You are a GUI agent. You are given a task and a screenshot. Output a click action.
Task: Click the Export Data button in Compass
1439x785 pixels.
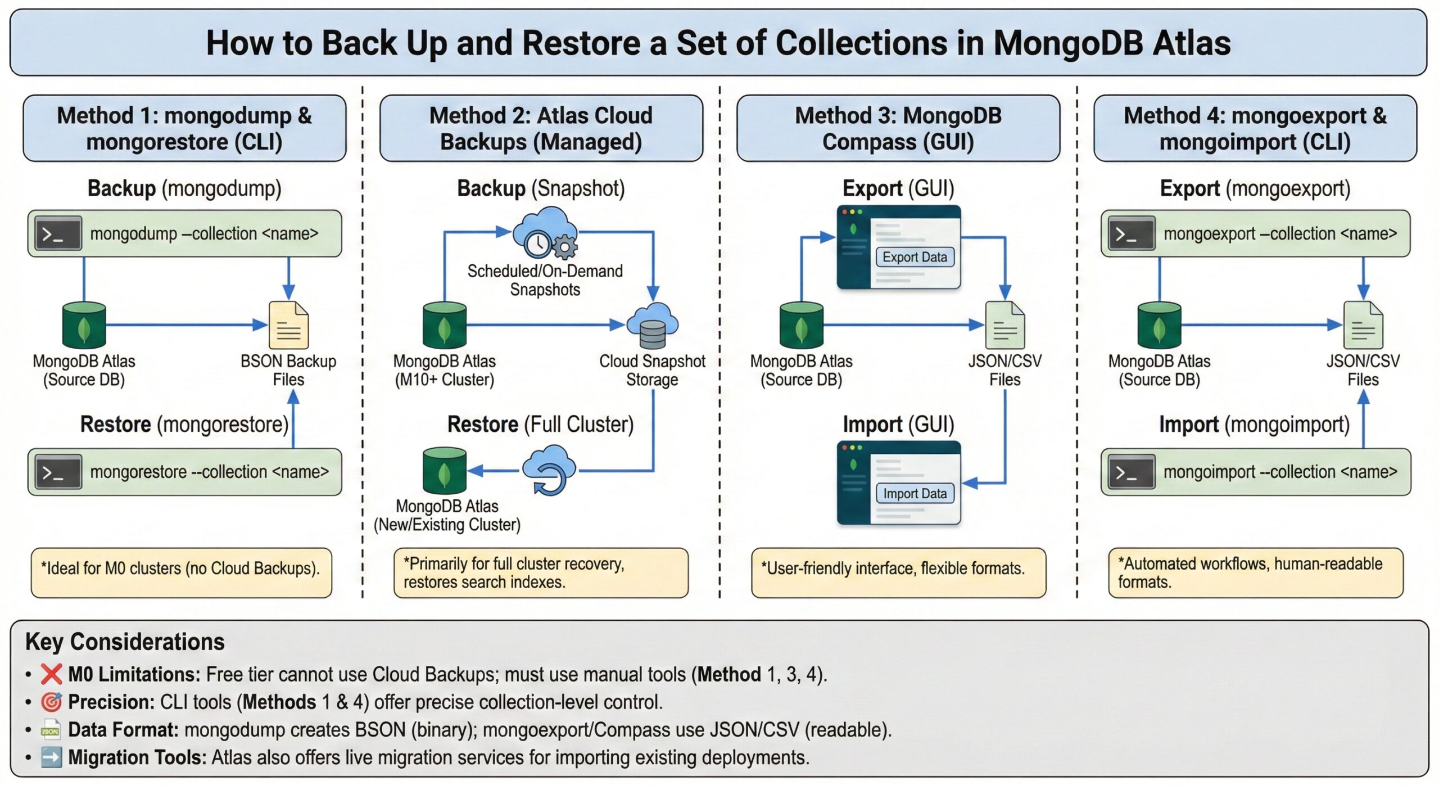point(915,257)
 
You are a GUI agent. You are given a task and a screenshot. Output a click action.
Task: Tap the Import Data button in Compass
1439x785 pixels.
point(915,493)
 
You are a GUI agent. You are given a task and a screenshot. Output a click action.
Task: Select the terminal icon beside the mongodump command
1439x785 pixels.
point(58,233)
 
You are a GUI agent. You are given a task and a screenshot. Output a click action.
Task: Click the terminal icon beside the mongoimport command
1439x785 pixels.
point(1131,472)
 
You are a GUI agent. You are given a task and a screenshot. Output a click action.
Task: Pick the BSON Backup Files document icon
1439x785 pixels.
point(288,325)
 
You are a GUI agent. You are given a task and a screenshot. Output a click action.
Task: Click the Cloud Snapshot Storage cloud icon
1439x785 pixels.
point(652,326)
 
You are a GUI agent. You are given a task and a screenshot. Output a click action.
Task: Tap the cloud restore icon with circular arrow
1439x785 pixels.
point(549,470)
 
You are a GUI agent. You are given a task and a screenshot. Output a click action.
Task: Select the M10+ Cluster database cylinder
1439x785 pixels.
point(444,326)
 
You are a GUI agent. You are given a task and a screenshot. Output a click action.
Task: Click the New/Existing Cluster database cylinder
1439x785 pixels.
point(444,471)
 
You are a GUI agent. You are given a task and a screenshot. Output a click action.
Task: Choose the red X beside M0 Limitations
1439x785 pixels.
point(51,674)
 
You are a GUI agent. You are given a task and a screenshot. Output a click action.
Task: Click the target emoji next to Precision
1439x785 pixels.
point(51,702)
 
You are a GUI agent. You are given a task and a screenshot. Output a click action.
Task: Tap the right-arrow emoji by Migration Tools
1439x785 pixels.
point(51,757)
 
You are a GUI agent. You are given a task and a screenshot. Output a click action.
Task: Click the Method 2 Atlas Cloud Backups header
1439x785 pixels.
point(541,128)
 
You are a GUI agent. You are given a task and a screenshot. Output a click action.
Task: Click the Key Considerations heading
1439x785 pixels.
point(125,642)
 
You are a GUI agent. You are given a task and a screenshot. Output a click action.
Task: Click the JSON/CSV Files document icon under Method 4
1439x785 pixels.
point(1363,325)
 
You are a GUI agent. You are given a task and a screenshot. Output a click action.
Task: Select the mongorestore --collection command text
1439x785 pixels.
point(209,472)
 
